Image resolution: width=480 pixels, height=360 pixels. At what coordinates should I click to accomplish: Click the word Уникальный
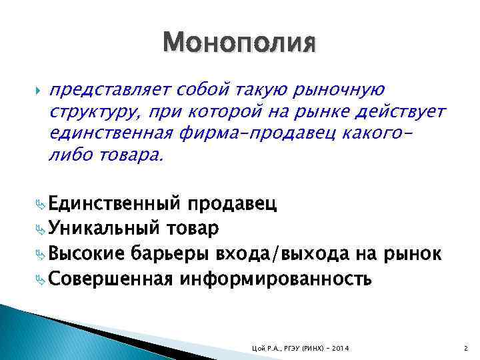103,228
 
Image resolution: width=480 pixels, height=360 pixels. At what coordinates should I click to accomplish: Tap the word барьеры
171,253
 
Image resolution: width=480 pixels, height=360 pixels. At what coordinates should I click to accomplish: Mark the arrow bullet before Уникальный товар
41,229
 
